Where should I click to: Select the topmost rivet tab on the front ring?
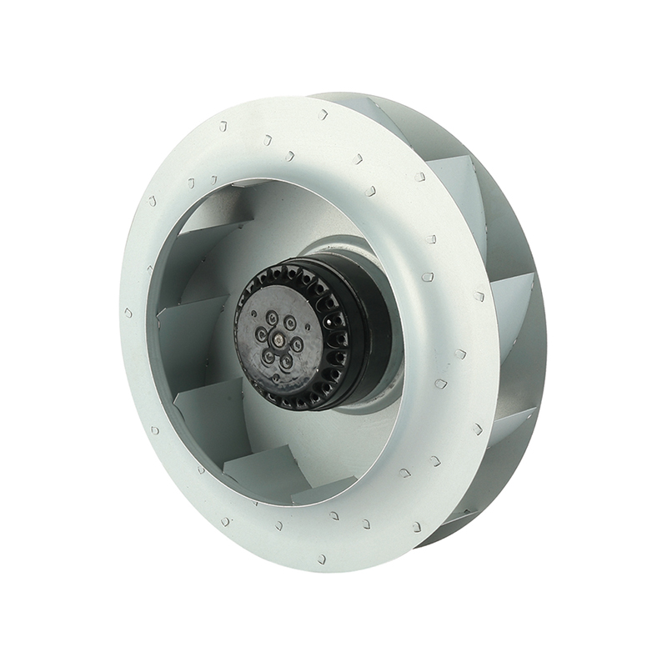pyautogui.click(x=323, y=114)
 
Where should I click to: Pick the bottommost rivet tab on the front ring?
pyautogui.click(x=321, y=559)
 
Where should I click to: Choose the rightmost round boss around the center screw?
pyautogui.click(x=298, y=344)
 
